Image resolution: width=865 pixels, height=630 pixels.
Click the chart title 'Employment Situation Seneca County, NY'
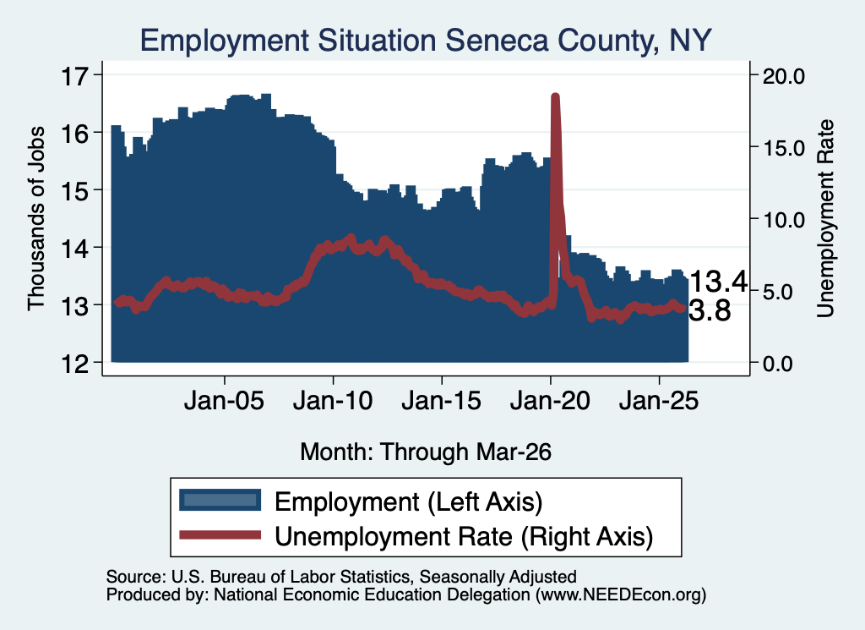point(426,41)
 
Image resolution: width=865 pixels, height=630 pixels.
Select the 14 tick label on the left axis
point(75,248)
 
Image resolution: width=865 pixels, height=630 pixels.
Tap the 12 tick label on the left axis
point(75,364)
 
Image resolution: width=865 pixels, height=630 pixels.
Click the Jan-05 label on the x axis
point(225,401)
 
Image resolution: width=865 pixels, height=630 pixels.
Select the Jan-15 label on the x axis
point(441,401)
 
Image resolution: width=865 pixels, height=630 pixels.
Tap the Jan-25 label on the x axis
point(659,401)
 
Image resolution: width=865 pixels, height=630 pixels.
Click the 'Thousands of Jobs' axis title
point(35,219)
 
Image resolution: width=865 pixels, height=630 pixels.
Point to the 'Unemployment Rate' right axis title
point(825,219)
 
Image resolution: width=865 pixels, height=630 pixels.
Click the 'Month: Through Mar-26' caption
point(426,452)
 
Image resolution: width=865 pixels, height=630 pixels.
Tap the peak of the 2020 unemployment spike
point(556,97)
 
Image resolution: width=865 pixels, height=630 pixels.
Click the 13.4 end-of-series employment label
point(719,282)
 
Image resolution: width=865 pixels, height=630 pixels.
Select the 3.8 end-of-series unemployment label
point(710,311)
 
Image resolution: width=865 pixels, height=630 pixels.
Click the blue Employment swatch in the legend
point(220,501)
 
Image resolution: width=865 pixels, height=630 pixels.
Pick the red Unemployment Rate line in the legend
point(220,534)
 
